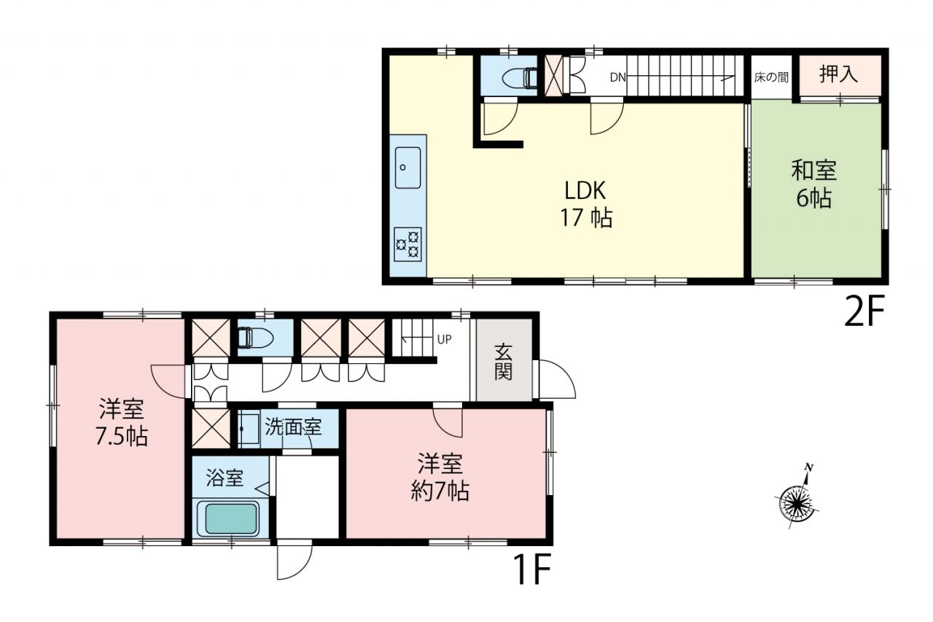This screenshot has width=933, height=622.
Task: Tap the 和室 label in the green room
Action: tap(814, 171)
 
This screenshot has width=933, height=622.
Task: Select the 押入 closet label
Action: tap(838, 74)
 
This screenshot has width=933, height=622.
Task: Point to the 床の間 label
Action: tap(771, 77)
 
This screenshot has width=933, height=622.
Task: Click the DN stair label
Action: tap(617, 77)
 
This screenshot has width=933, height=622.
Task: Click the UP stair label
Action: tap(445, 340)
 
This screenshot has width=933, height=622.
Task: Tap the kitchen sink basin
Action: tap(407, 168)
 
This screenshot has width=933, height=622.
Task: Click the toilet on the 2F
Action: tap(520, 78)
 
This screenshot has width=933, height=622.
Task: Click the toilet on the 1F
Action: tap(254, 337)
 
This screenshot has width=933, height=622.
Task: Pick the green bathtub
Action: tap(227, 518)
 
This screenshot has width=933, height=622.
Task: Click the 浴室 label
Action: tap(225, 478)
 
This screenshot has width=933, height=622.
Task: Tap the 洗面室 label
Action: tap(293, 427)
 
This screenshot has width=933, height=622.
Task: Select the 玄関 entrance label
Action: tap(503, 362)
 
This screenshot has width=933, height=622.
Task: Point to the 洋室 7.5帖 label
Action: tap(121, 422)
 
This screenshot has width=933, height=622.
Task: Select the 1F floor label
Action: tap(532, 569)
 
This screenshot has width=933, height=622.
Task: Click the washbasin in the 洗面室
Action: tap(249, 429)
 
